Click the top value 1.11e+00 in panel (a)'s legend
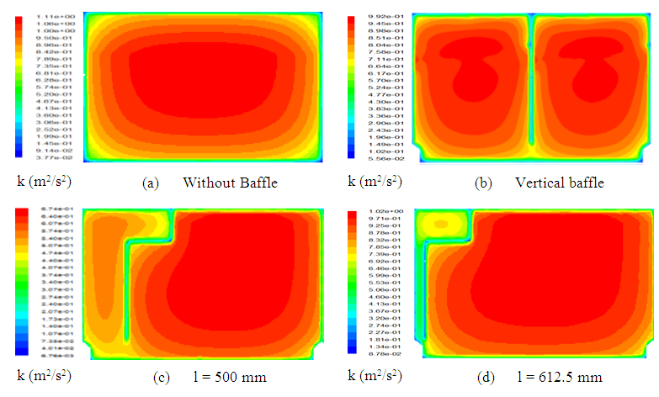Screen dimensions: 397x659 tap(40, 17)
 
